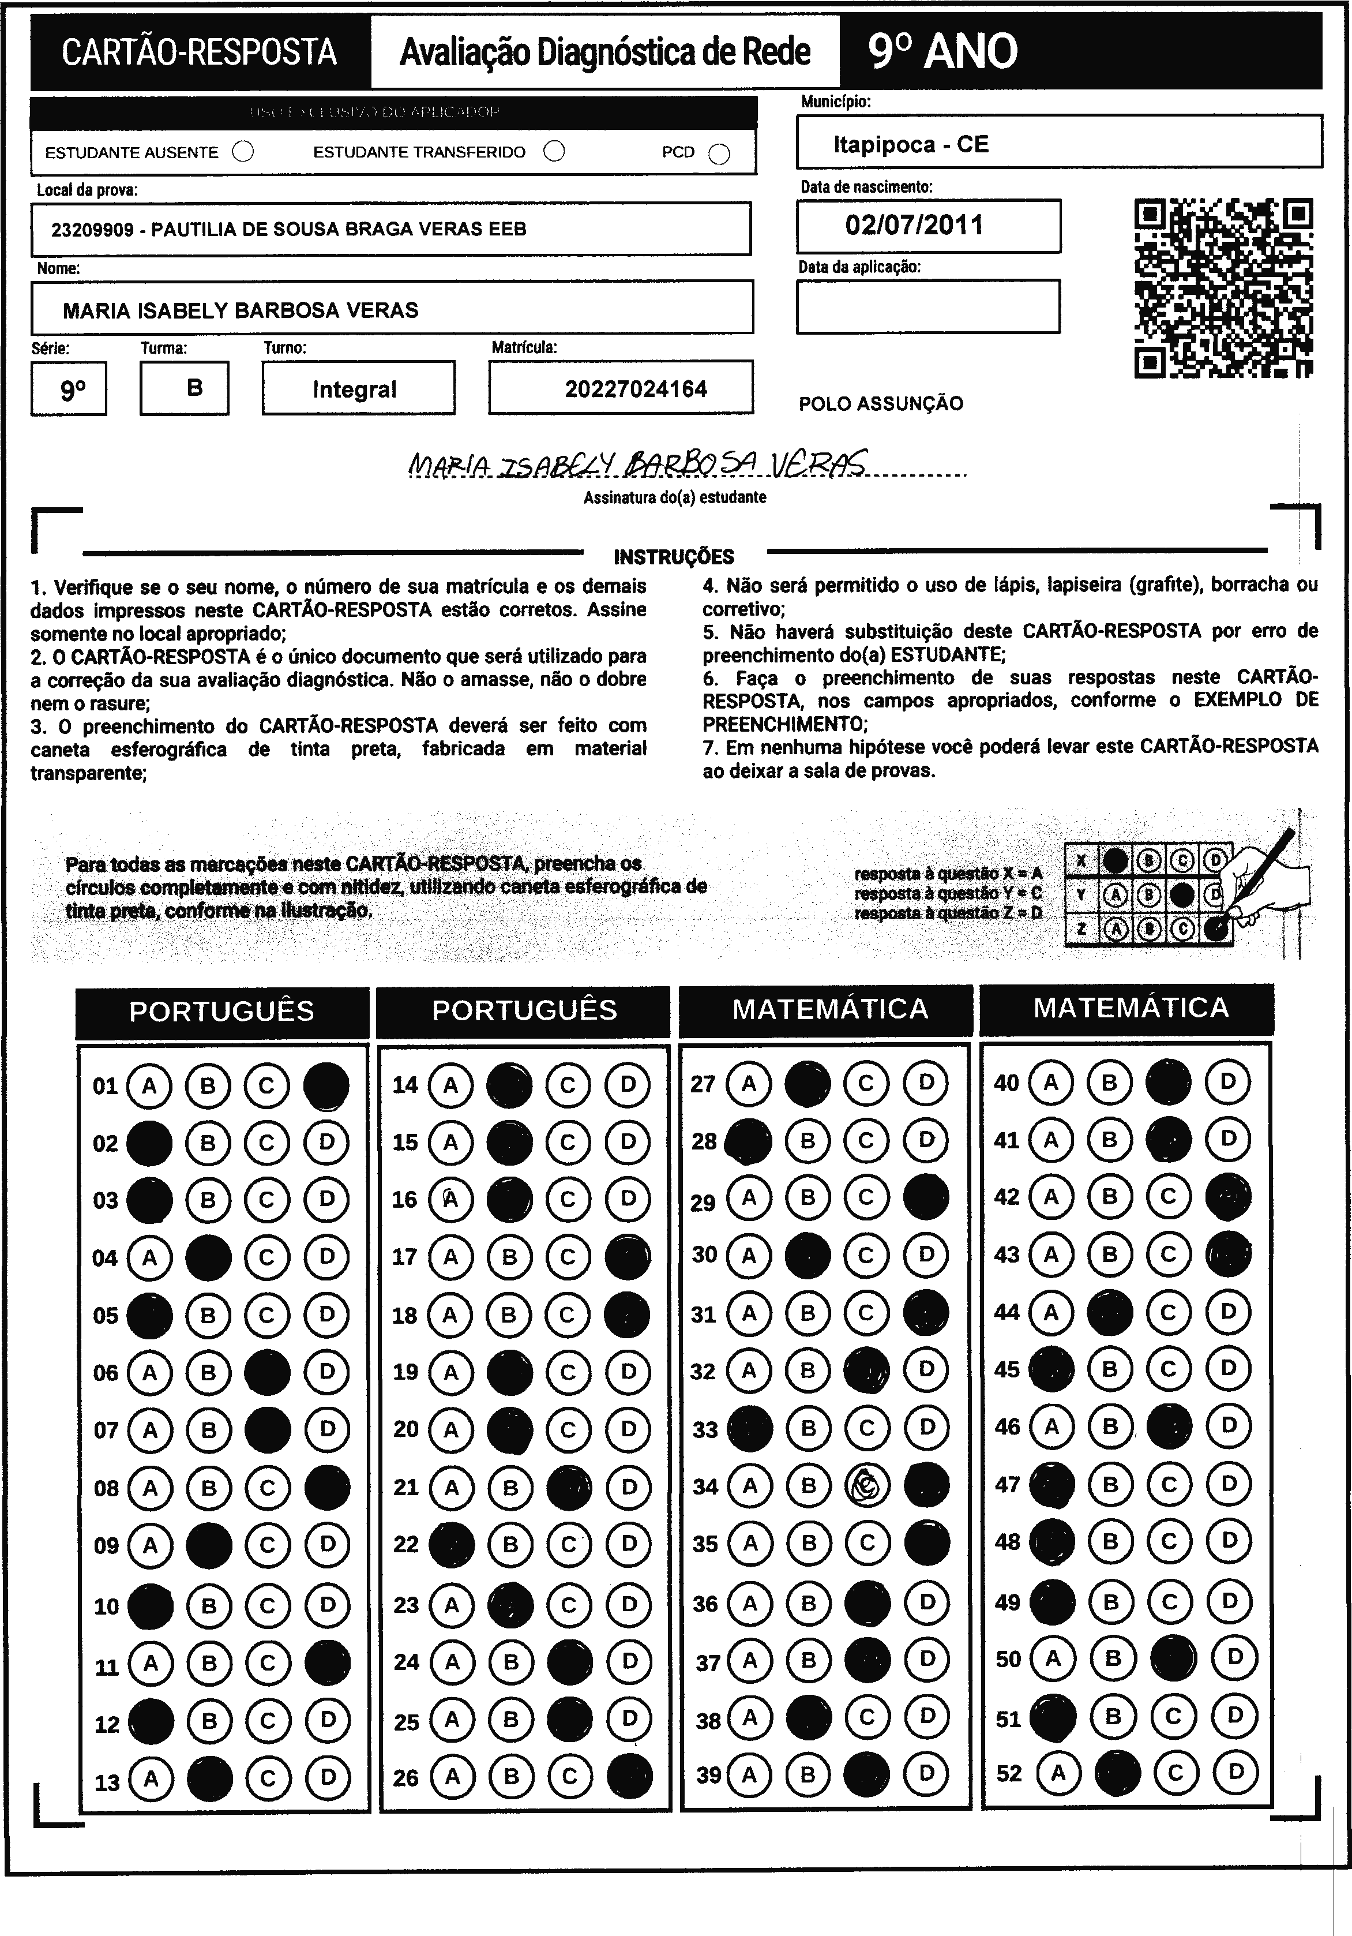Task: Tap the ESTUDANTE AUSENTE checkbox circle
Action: point(243,152)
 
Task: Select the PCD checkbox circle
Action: point(719,154)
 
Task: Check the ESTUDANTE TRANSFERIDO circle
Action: point(554,152)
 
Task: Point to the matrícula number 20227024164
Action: point(636,390)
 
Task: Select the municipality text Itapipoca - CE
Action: point(910,144)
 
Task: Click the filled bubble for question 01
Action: point(327,1085)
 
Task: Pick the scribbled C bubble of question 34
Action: point(867,1486)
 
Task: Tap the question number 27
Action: point(703,1084)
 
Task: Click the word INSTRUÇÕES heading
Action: point(674,557)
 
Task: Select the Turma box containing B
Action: point(185,388)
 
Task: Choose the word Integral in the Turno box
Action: point(354,390)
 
